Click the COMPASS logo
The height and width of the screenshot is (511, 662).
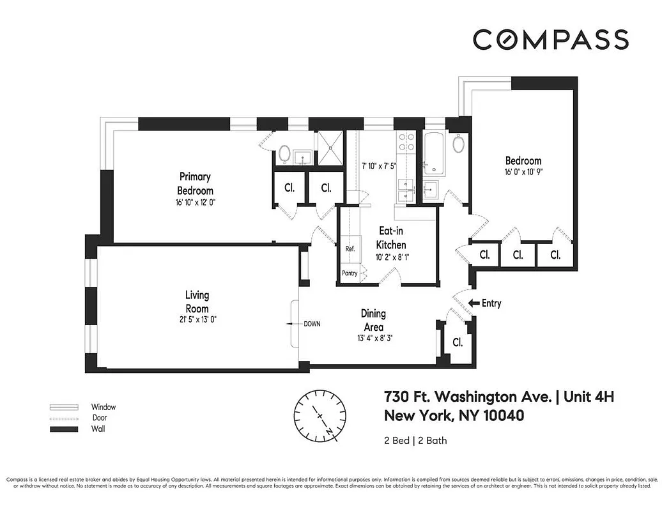[x=550, y=40]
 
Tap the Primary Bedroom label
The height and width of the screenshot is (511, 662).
[x=195, y=183]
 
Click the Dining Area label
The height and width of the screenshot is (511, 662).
[x=373, y=320]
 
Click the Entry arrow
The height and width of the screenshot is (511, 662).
[x=474, y=303]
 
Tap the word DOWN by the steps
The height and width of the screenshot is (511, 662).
[x=312, y=324]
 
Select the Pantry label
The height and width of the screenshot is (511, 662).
[x=350, y=273]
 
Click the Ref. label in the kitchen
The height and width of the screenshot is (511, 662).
[x=350, y=248]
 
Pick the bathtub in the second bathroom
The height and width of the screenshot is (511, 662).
[x=435, y=153]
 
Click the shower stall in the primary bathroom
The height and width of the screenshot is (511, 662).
[x=330, y=148]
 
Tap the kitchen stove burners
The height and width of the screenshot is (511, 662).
[x=405, y=144]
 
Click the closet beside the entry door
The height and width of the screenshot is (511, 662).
[x=458, y=342]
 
